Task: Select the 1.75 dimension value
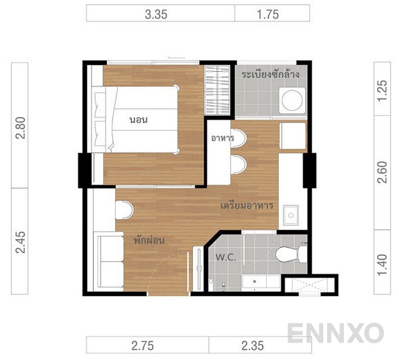272,13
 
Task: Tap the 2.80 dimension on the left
21,125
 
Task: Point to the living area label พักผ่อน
148,240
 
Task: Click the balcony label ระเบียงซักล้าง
270,74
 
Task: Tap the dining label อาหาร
222,138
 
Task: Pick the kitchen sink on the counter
291,215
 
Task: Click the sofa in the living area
110,261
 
